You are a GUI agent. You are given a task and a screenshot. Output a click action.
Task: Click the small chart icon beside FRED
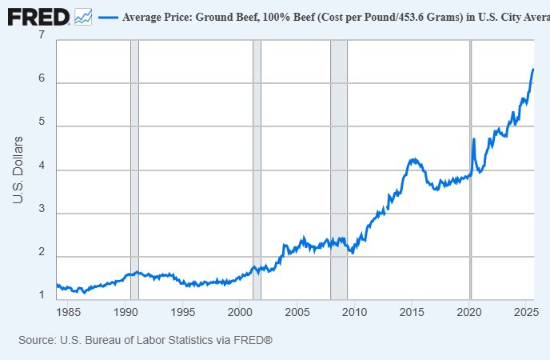pyautogui.click(x=83, y=16)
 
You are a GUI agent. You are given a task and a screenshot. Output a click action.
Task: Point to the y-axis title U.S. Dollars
pyautogui.click(x=18, y=170)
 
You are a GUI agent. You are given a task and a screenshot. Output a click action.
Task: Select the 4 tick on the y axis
pyautogui.click(x=41, y=170)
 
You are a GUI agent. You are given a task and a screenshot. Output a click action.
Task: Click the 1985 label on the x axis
pyautogui.click(x=70, y=311)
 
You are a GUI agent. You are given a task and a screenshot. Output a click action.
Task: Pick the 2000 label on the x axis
pyautogui.click(x=240, y=311)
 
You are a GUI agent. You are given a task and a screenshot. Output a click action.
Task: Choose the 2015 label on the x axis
pyautogui.click(x=411, y=311)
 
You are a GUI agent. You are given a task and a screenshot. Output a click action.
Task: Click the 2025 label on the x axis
pyautogui.click(x=524, y=311)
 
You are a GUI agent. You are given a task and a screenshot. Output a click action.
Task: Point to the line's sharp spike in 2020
pyautogui.click(x=474, y=139)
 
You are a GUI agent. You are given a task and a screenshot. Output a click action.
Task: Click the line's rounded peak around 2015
pyautogui.click(x=412, y=159)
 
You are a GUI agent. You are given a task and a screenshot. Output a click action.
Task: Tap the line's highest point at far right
pyautogui.click(x=533, y=70)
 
